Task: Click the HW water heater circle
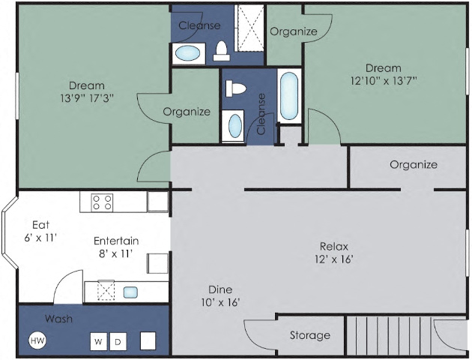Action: coord(37,341)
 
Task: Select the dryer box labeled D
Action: coord(118,342)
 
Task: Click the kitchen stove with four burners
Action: coord(102,202)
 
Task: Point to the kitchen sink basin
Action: coord(130,292)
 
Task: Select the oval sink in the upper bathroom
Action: coord(187,53)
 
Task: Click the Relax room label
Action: coord(334,246)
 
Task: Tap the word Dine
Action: coord(220,289)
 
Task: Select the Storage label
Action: coord(309,335)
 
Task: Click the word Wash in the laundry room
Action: coord(58,319)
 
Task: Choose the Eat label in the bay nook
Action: coord(40,224)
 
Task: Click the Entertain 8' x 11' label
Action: coord(115,247)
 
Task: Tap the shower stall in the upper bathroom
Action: coord(250,27)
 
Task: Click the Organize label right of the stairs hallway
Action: coord(413,164)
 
